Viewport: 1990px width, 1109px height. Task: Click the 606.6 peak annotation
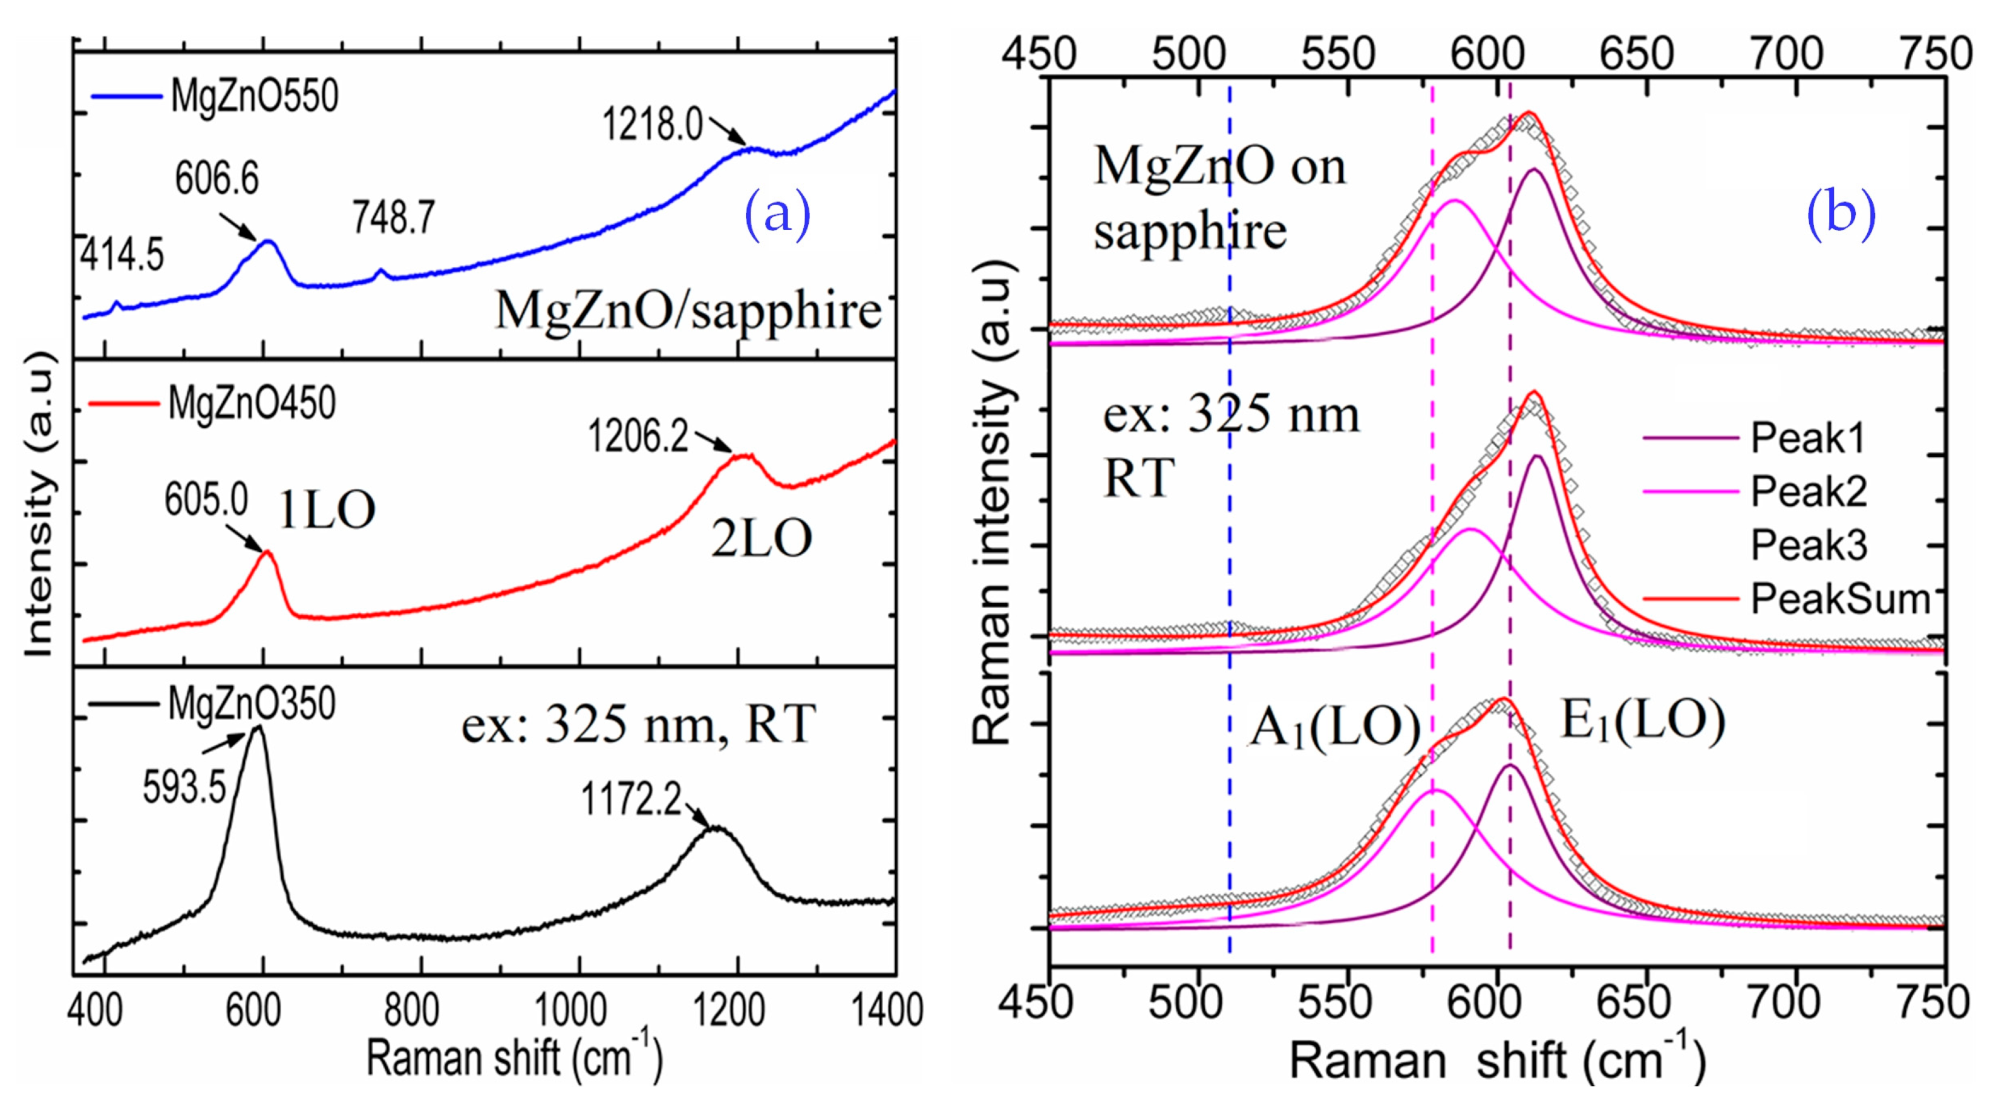tap(217, 178)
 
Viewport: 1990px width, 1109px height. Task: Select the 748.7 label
tap(394, 217)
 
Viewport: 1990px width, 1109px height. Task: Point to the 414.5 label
tap(122, 255)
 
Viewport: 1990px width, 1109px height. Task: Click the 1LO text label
tap(327, 510)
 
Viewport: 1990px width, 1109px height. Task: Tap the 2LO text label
tap(761, 538)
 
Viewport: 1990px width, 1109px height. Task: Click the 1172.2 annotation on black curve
tap(631, 799)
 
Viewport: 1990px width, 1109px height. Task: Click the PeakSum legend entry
tap(1839, 599)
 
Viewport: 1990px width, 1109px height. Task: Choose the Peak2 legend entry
tap(1808, 491)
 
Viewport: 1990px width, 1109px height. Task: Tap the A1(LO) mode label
tap(1335, 727)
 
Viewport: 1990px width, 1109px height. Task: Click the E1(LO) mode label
tap(1643, 721)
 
